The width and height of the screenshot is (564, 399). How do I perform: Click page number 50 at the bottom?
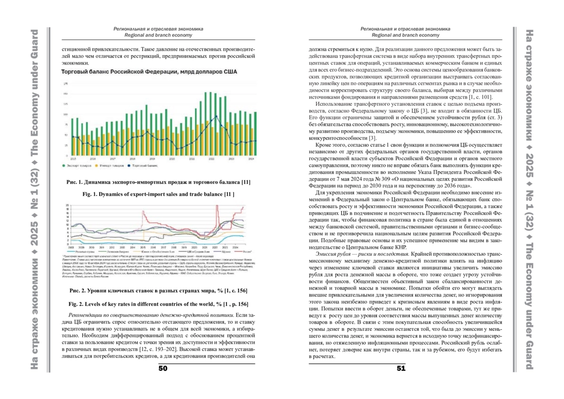point(163,368)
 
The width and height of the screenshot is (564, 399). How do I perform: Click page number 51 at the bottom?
point(401,368)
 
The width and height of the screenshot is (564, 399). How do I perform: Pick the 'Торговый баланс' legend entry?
point(143,165)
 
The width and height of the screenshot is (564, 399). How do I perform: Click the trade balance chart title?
point(149,72)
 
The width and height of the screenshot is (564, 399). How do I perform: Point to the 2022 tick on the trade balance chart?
point(211,159)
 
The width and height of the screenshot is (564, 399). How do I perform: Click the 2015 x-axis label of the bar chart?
point(73,159)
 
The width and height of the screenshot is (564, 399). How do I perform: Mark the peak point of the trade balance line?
point(216,116)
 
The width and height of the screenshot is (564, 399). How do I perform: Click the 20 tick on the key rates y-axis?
point(67,205)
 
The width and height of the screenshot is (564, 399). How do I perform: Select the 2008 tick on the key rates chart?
point(71,246)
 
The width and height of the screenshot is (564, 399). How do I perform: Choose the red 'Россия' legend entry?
point(240,252)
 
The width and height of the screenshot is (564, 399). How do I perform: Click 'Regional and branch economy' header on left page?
point(158,35)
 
